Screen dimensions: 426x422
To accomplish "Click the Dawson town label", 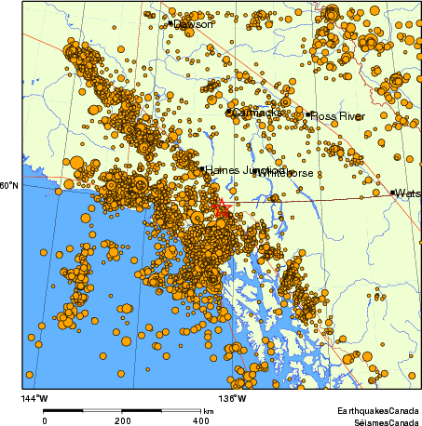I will coord(195,24).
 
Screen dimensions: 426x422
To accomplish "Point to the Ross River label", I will coord(337,115).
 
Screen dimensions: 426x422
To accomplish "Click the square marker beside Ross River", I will coord(308,114).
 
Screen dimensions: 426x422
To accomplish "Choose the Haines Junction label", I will coord(245,170).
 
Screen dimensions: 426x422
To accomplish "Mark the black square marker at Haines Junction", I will coord(201,169).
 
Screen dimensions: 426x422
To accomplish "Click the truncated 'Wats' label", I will coord(407,193).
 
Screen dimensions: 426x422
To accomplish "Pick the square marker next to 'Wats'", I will coord(392,193).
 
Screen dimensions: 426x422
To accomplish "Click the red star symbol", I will coord(221,208).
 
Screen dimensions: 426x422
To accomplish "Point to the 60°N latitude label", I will coord(8,187).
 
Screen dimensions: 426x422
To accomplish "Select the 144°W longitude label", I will coord(34,399).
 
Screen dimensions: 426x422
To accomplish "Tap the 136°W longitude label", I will coord(234,399).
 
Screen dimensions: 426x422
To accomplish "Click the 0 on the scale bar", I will coord(44,420).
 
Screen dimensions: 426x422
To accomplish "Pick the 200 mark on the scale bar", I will coord(123,420).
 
